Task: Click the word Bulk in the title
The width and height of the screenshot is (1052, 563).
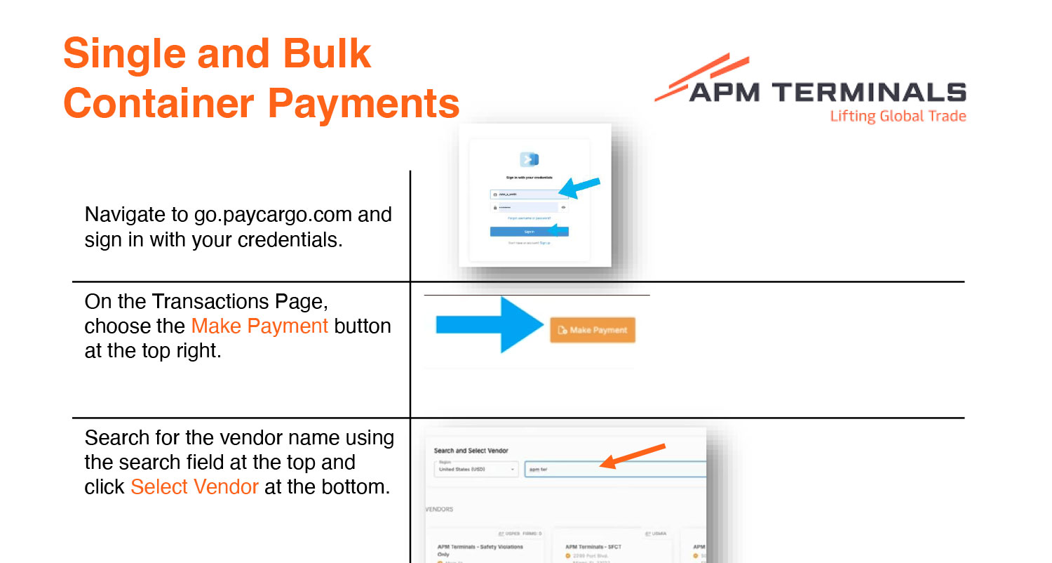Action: click(326, 54)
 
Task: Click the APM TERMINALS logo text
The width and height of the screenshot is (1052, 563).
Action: click(828, 93)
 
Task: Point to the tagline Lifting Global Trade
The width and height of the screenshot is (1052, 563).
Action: click(898, 117)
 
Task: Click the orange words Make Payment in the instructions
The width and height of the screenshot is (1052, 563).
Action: click(259, 326)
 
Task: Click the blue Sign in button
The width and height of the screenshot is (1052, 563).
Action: click(529, 231)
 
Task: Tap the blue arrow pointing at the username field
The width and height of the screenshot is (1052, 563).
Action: click(580, 186)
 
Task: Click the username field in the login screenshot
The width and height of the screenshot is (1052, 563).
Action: click(522, 194)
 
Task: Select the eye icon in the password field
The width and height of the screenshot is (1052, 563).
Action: click(563, 208)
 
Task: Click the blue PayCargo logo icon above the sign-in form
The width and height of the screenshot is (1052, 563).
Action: click(529, 159)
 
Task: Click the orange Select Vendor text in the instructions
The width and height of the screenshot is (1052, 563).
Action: click(194, 486)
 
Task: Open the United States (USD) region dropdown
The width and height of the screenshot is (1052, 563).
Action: click(475, 469)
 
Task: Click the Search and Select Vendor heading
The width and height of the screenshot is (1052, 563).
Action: click(471, 451)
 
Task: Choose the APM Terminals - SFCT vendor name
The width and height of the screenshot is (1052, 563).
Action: click(593, 547)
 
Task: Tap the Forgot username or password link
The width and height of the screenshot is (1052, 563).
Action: click(529, 218)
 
